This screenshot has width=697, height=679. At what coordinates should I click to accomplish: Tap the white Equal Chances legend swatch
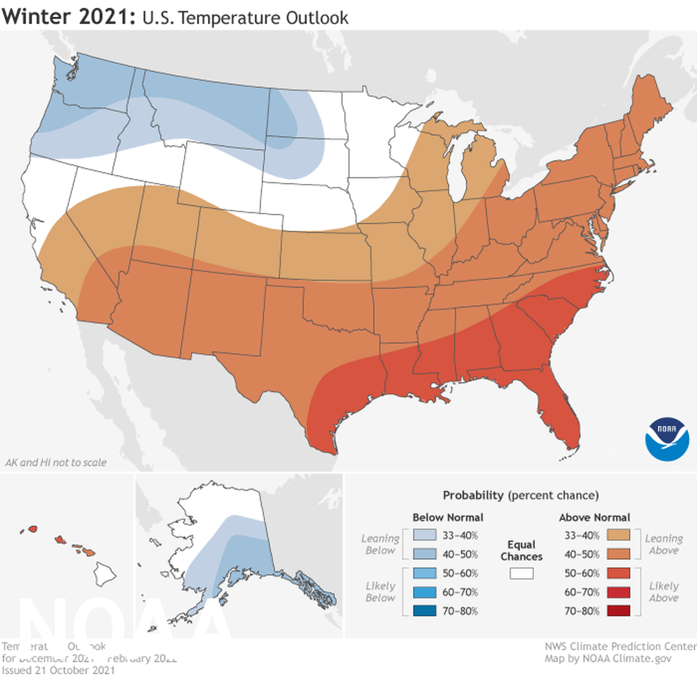click(521, 573)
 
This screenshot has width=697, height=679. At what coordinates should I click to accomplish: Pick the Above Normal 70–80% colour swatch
click(619, 610)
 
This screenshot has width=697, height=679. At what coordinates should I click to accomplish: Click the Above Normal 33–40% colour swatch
click(619, 535)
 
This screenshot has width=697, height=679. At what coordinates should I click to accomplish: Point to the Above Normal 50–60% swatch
click(619, 573)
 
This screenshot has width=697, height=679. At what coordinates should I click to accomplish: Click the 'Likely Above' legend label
click(663, 592)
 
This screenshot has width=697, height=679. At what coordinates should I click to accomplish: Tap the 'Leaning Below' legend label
click(380, 544)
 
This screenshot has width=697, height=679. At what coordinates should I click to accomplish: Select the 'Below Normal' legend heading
click(448, 518)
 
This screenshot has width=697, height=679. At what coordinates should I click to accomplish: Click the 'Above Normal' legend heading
click(594, 518)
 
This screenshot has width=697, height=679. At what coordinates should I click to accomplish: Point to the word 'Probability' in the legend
click(473, 495)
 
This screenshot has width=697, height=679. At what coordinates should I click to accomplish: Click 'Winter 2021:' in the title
click(68, 16)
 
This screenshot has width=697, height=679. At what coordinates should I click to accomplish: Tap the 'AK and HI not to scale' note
click(56, 462)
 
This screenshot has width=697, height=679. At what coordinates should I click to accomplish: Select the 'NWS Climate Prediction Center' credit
click(620, 647)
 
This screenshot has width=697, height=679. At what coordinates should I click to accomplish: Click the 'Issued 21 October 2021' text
click(58, 670)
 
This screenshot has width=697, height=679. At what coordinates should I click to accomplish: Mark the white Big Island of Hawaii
click(105, 573)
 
